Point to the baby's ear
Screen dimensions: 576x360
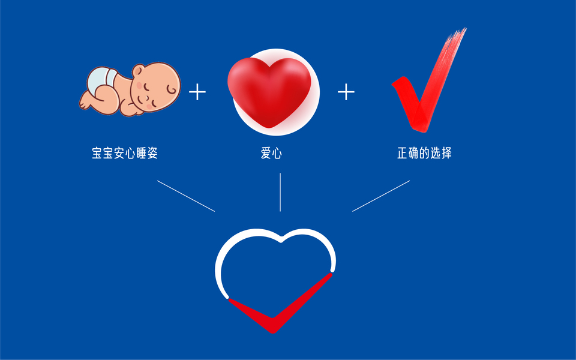[172, 90]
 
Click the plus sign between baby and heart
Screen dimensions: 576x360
[197, 92]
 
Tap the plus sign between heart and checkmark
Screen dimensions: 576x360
[346, 92]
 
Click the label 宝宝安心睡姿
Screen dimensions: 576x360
[124, 154]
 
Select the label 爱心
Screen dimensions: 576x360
[271, 154]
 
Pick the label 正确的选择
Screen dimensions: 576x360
[424, 154]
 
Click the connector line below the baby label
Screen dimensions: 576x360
[185, 196]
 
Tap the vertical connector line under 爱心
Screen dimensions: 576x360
[280, 192]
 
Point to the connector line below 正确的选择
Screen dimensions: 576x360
[380, 196]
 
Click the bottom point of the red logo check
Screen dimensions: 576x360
[273, 329]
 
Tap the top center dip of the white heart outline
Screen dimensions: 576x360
[280, 241]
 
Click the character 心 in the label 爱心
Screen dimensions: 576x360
[277, 154]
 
